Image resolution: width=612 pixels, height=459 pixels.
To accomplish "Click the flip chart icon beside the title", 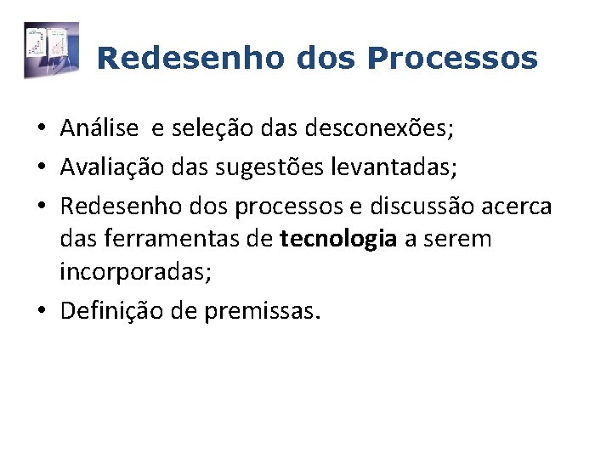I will pyautogui.click(x=51, y=51).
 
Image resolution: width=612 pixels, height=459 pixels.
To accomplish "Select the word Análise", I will pyautogui.click(x=99, y=128).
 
